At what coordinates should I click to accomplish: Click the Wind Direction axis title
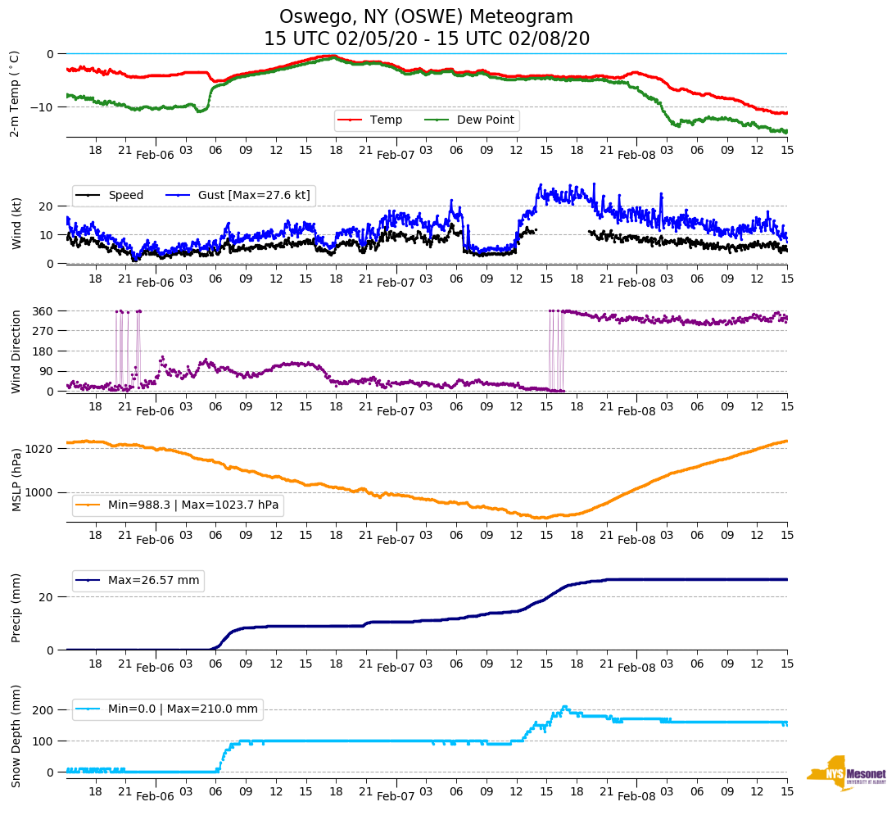(x=16, y=351)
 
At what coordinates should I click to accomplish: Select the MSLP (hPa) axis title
(x=16, y=479)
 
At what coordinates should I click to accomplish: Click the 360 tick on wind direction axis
(x=43, y=311)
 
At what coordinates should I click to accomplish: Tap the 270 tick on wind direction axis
(x=43, y=331)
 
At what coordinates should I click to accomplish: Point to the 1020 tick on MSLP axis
(x=40, y=449)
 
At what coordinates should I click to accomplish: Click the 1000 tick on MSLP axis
(x=40, y=492)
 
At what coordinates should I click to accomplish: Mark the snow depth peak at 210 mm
(x=564, y=706)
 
